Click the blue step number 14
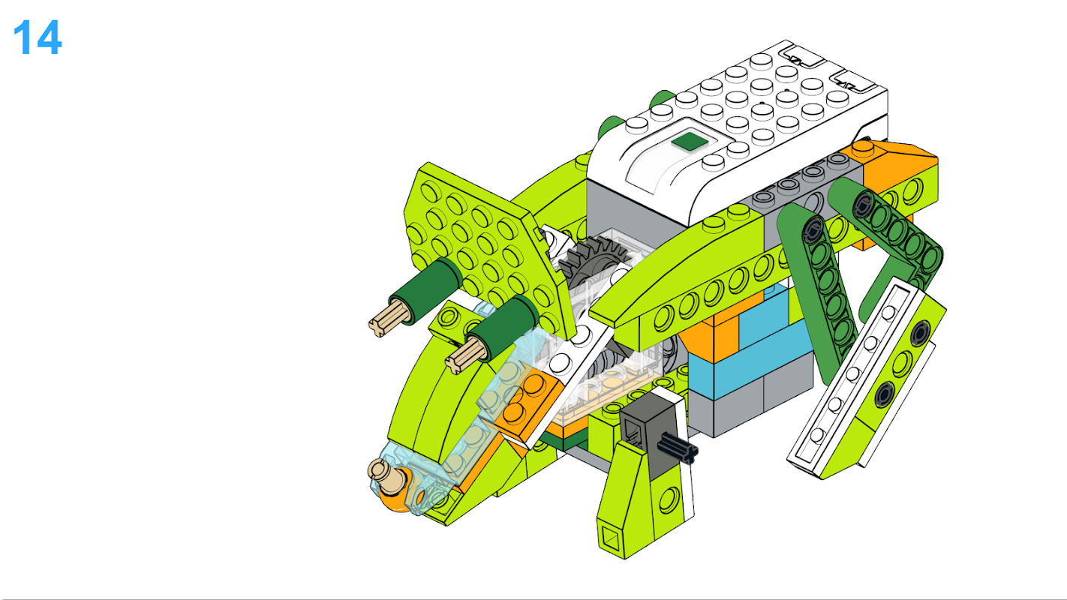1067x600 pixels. point(38,37)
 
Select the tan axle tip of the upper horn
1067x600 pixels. point(388,320)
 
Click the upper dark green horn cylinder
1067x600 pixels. point(426,291)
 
